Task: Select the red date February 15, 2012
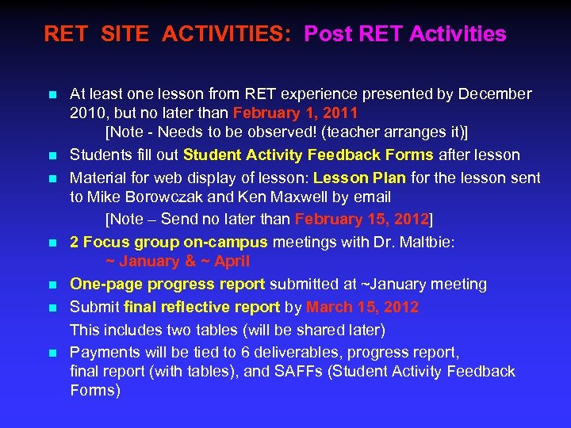point(362,219)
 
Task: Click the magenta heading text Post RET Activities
point(404,34)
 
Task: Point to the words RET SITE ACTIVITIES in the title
point(167,34)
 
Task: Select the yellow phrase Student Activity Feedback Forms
point(308,155)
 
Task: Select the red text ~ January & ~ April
point(178,261)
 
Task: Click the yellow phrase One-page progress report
point(167,284)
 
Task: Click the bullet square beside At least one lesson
point(52,95)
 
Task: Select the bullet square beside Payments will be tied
point(52,353)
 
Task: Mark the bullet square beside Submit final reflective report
point(52,308)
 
